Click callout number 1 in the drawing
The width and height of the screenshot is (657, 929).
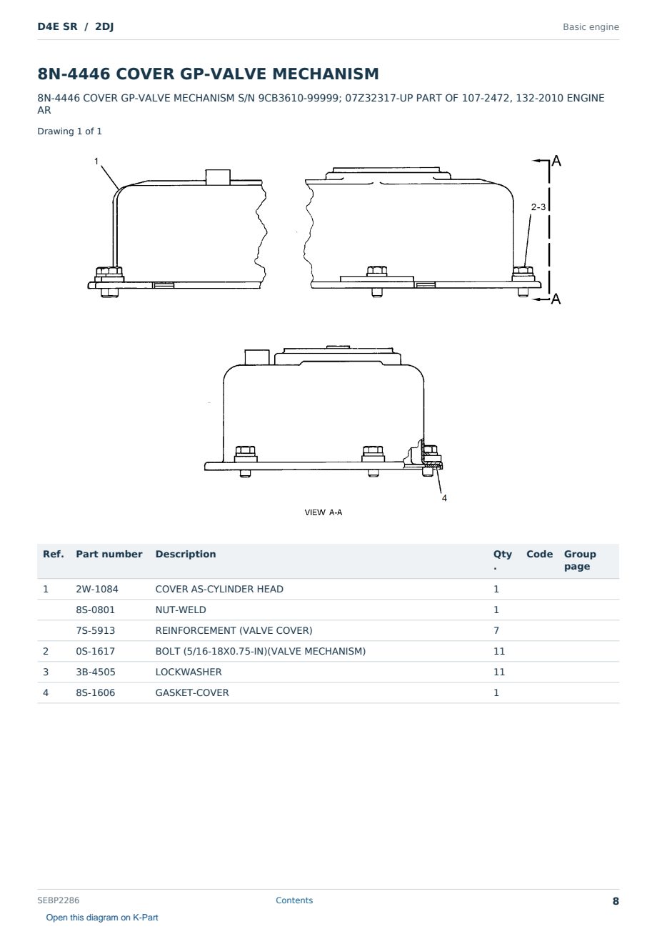96,162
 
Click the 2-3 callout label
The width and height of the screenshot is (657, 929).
538,207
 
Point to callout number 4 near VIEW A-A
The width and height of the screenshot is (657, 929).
444,498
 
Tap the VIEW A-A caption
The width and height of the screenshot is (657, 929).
324,512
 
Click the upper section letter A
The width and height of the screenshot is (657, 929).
556,161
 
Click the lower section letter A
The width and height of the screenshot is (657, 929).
556,299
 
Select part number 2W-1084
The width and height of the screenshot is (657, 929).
97,589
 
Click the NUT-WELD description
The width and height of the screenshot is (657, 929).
181,610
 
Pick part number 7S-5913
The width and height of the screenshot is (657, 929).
96,630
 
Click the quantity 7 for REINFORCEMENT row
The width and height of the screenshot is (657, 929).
496,630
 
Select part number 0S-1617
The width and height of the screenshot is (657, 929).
96,651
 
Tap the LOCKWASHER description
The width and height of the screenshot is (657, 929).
189,672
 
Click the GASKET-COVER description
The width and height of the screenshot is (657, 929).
192,692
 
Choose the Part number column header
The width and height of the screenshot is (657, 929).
109,554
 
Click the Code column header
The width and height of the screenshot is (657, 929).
539,554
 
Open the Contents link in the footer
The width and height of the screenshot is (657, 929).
294,900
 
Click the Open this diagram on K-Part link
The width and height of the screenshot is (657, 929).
102,918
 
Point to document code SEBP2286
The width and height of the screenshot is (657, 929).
59,900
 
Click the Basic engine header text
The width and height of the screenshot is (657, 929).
591,27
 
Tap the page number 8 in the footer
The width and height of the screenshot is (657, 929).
616,901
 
